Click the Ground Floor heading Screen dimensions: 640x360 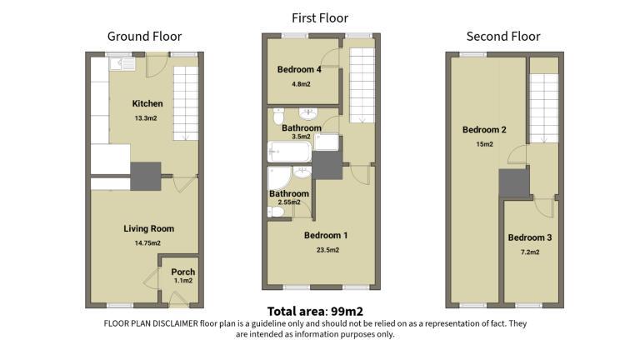[144, 37]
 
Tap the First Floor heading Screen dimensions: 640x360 [320, 18]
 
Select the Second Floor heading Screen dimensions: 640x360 [503, 37]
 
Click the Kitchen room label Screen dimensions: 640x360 [147, 103]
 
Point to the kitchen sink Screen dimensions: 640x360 [122, 63]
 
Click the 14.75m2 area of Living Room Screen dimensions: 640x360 [147, 243]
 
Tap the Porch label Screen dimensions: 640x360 [182, 272]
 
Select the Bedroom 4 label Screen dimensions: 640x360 [299, 69]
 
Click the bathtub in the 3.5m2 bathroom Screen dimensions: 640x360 [289, 152]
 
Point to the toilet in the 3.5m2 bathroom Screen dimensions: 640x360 [278, 116]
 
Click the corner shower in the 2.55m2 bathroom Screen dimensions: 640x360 [279, 179]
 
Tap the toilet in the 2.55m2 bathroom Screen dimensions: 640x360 [276, 212]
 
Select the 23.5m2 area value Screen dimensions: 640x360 [327, 250]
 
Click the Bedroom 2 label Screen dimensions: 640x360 [484, 130]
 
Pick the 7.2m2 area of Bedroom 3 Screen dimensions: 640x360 [530, 252]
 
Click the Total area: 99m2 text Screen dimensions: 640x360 [315, 312]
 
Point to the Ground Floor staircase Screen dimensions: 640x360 [186, 103]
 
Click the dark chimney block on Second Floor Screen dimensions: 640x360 [514, 183]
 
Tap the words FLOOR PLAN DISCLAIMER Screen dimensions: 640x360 [151, 323]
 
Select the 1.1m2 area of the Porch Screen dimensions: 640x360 [183, 281]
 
